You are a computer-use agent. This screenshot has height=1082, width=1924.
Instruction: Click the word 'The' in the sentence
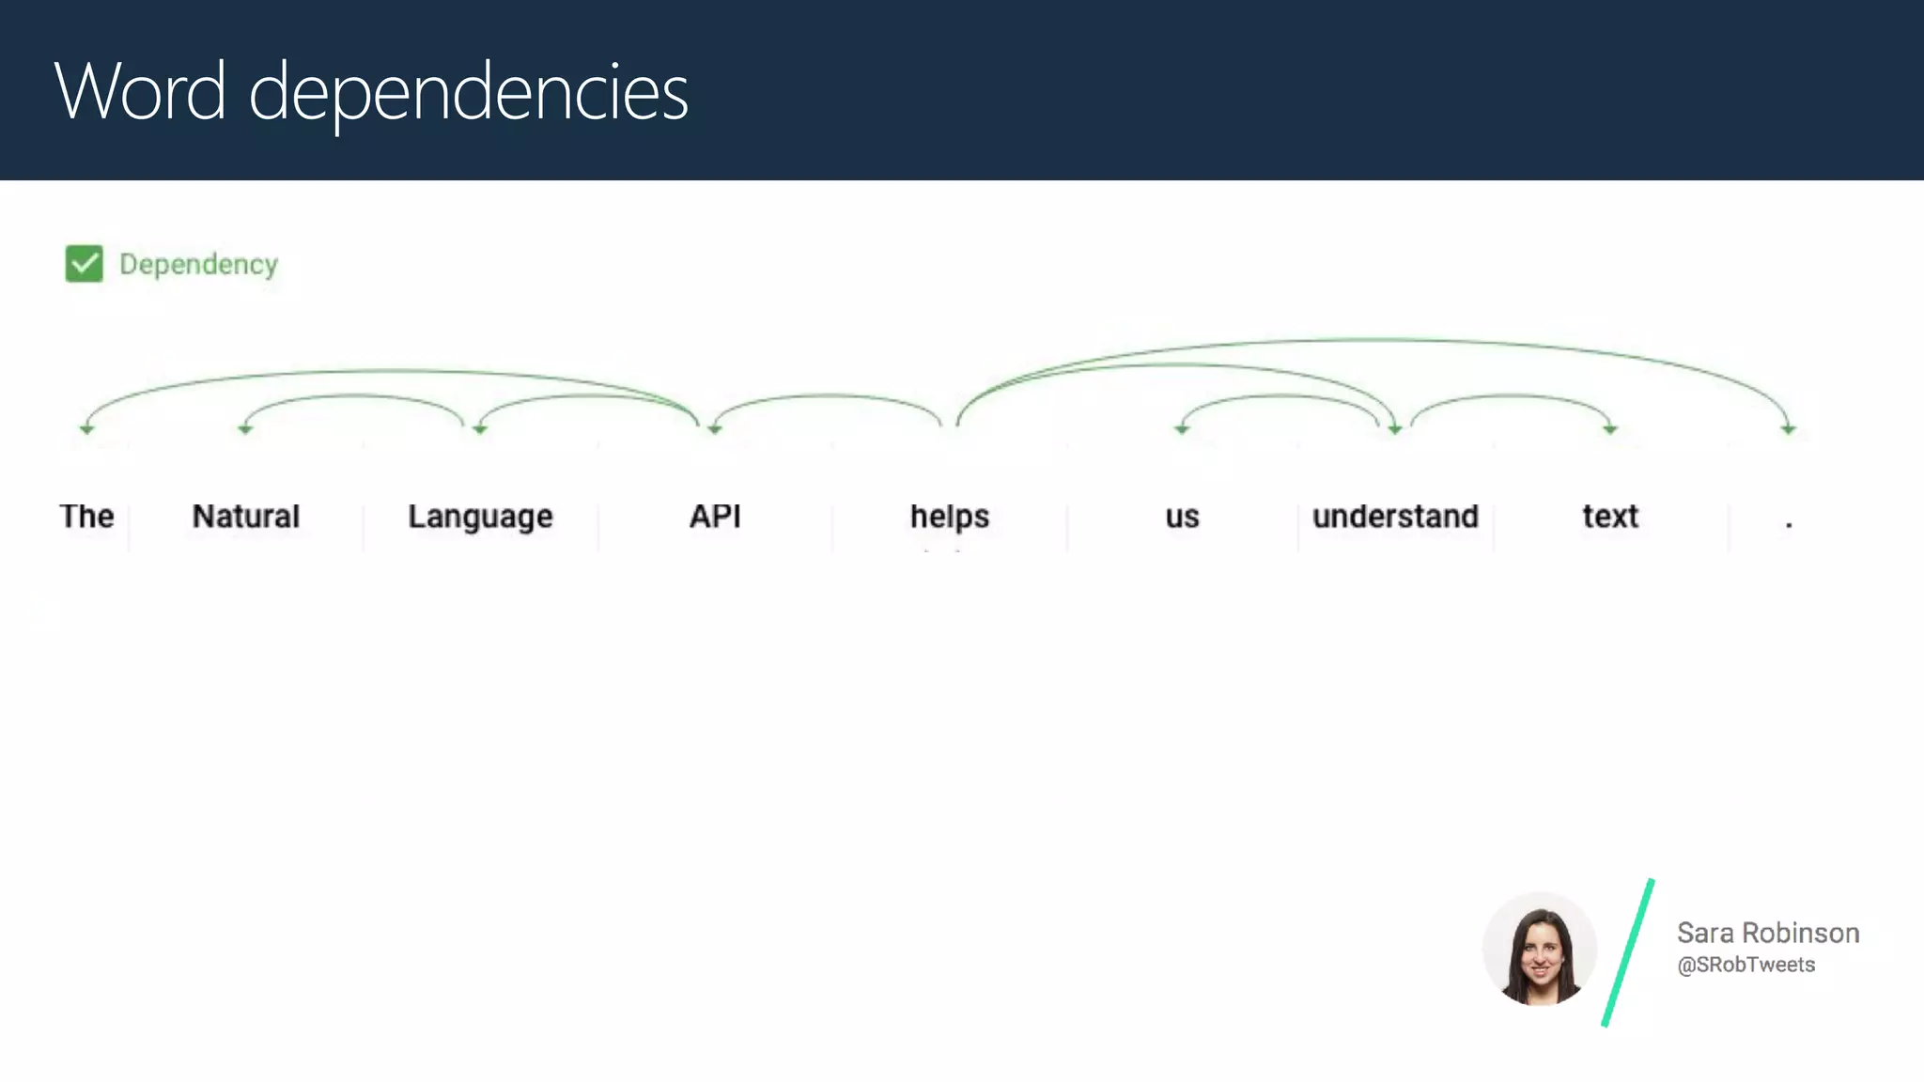point(86,517)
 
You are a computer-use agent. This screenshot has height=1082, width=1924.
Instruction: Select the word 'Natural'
point(245,517)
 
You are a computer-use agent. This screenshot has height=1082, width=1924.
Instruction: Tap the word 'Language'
point(480,518)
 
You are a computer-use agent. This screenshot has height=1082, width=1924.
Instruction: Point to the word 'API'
point(715,517)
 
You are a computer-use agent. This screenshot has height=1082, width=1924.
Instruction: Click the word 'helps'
point(949,518)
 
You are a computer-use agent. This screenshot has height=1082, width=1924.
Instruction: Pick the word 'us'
point(1182,518)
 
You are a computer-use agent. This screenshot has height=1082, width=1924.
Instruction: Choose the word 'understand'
point(1395,517)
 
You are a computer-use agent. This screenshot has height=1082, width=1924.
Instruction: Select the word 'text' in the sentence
point(1610,517)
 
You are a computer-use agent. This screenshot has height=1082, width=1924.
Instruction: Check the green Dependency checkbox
point(85,264)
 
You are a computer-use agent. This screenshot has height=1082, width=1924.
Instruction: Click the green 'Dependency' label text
point(198,265)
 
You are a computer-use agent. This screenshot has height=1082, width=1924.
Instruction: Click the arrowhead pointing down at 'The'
point(86,429)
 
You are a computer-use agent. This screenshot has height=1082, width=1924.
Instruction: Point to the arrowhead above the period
point(1788,429)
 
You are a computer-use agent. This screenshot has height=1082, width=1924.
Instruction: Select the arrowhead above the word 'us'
point(1182,429)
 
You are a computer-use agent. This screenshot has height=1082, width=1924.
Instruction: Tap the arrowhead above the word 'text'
point(1610,429)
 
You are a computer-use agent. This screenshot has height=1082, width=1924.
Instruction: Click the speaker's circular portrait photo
point(1539,949)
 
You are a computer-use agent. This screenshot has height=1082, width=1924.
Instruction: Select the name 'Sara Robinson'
point(1768,933)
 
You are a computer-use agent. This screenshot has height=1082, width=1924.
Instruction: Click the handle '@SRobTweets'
point(1746,966)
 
